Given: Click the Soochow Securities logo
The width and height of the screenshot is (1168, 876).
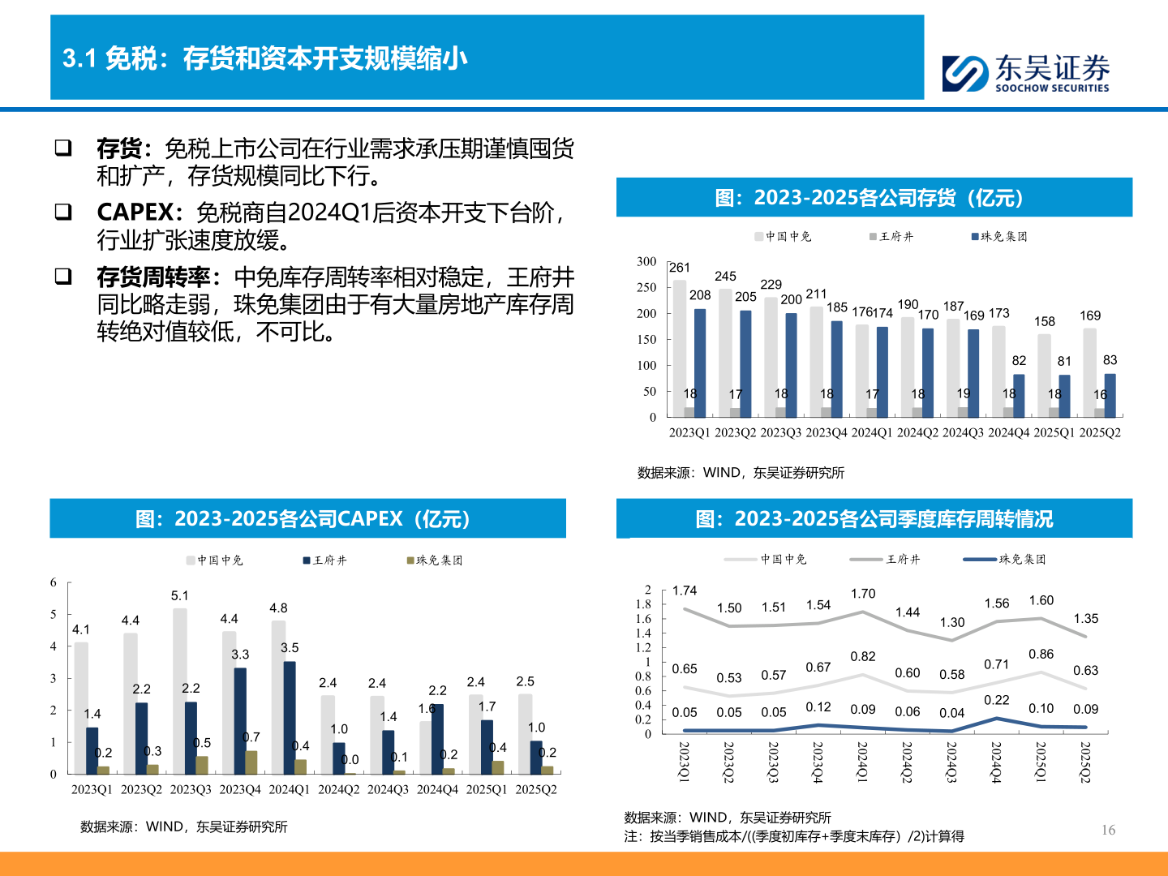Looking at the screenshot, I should point(1025,73).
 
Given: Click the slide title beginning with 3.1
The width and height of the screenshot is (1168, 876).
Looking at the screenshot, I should point(265,58).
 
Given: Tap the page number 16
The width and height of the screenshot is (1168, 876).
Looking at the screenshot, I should point(1108,830).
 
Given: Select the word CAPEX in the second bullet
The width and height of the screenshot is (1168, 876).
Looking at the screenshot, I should point(135,213).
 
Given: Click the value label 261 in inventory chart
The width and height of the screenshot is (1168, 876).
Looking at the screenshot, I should point(680,268).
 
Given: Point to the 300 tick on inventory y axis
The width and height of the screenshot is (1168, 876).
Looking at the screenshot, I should point(646,261).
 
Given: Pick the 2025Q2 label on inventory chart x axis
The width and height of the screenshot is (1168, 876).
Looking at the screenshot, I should point(1100,432).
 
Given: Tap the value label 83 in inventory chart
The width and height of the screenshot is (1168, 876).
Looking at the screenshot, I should point(1110,360).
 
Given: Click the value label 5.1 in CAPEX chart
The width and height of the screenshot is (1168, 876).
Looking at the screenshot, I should point(179,596).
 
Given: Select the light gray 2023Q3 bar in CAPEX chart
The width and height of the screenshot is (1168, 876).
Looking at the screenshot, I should point(179,689).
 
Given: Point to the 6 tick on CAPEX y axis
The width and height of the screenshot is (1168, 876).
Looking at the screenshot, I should point(54,582).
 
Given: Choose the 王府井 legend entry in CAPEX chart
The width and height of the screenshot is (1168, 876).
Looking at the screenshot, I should point(324,560).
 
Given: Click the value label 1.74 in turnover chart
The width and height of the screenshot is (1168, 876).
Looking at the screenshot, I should point(685,590).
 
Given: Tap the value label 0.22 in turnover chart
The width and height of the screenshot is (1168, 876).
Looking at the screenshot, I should point(996,700).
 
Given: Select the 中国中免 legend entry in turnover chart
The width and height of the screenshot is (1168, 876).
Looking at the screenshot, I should point(766,559).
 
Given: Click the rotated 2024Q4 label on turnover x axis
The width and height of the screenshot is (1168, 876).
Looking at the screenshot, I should point(996,762).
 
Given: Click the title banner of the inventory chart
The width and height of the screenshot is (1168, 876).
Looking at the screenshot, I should point(874,198).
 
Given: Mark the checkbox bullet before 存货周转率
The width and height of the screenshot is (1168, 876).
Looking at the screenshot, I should point(63,277).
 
